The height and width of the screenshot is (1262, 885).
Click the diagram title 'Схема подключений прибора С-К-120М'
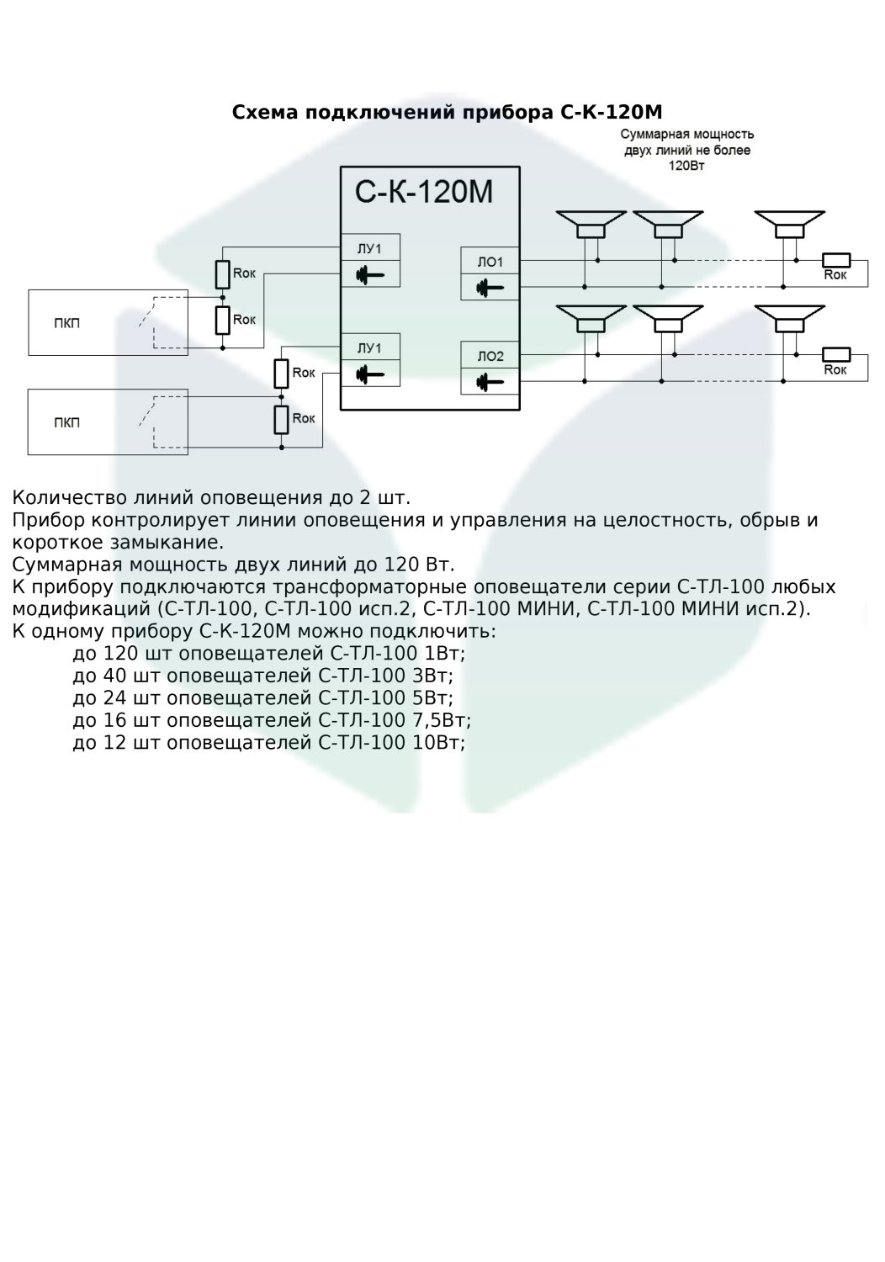pos(447,112)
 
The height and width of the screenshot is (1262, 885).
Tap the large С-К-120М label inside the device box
pos(424,193)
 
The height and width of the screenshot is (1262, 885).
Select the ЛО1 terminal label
pos(490,262)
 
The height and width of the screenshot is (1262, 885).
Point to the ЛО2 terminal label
pos(490,357)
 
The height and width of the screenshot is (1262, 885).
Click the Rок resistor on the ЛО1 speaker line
pos(835,260)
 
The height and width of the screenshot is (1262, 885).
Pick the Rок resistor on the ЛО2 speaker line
pos(835,354)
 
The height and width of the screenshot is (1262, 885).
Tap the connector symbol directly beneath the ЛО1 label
pos(490,288)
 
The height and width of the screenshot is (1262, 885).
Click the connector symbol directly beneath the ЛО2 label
pos(490,382)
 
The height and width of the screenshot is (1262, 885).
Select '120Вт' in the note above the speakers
pos(686,167)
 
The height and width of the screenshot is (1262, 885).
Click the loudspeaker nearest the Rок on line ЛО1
pos(787,225)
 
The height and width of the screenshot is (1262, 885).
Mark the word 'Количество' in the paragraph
pos(67,497)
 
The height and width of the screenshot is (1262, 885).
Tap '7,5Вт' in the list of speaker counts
pos(444,720)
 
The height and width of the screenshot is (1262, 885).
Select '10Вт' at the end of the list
pos(438,743)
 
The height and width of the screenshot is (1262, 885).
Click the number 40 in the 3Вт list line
pos(114,676)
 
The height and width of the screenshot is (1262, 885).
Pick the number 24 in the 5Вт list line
pos(114,698)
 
